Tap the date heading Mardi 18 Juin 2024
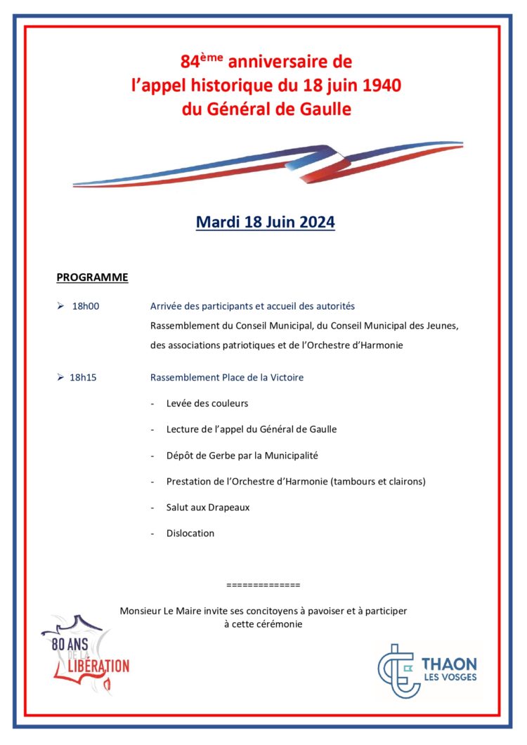pos(265,223)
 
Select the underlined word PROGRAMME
pos(92,277)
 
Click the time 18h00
pos(85,307)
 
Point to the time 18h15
pos(83,378)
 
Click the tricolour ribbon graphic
pos(268,166)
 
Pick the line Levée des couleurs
pos(207,404)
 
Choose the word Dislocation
pos(190,534)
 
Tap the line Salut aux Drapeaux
pos(208,508)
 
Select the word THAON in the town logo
pos(449,664)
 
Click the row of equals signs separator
pos(263,585)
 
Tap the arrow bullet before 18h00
pos(60,307)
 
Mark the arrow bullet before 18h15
pos(60,378)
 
